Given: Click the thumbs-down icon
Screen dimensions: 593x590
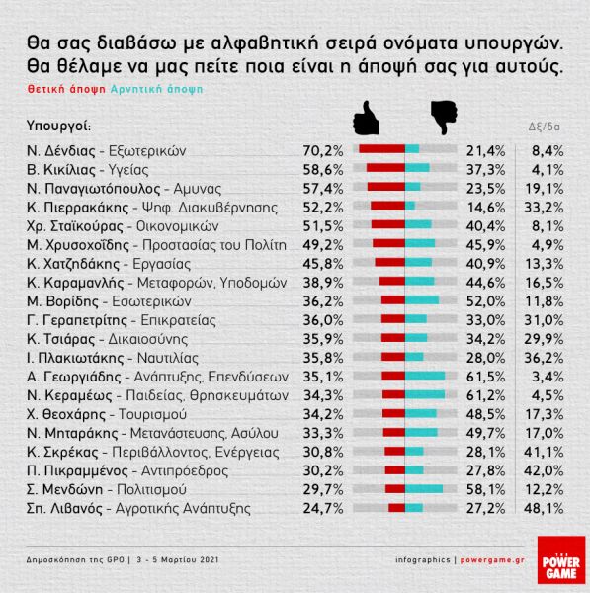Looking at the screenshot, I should coord(442,118).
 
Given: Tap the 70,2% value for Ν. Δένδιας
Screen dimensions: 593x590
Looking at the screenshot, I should coord(322,150).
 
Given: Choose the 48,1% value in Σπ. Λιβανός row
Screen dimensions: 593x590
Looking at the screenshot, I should coord(547,508).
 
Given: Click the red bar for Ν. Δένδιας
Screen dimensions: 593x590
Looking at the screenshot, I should coord(381,150).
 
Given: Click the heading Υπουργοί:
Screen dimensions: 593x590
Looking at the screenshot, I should coord(58,126).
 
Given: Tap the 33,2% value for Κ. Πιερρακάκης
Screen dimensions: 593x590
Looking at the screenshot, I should coord(547,204).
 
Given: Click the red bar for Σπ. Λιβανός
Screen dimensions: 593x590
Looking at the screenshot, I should coord(396,508).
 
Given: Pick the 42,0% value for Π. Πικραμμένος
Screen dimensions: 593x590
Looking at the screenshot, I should coord(547,472).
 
